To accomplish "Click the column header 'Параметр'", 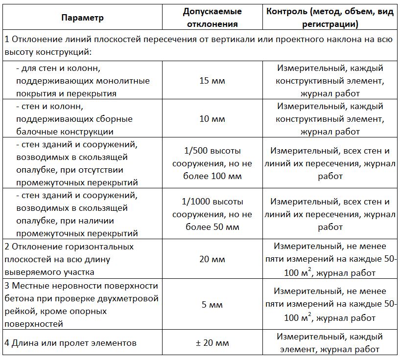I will click(x=83, y=18).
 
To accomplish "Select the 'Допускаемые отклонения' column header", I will click(x=212, y=18).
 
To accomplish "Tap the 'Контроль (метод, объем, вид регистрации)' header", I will click(x=329, y=18).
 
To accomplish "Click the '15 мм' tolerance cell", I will click(x=212, y=81).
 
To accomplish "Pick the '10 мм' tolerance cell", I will click(x=212, y=119).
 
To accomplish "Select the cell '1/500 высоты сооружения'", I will click(x=212, y=164).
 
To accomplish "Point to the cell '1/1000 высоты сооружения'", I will click(x=212, y=214).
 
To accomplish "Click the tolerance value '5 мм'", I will click(x=212, y=304).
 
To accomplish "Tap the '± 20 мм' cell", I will click(x=212, y=343).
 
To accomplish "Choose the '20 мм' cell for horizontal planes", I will click(x=212, y=259).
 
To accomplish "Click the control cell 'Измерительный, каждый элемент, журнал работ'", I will click(x=329, y=343).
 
